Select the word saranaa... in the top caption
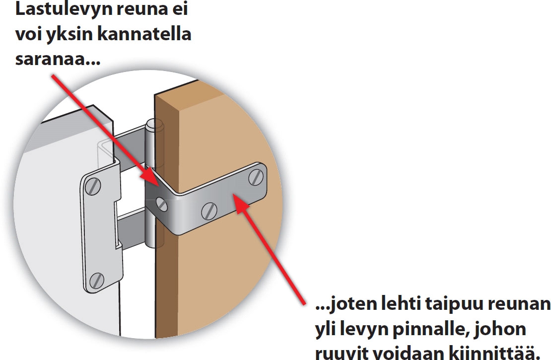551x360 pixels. [58, 60]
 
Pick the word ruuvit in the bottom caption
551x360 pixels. [338, 354]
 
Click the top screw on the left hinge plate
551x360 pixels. [93, 186]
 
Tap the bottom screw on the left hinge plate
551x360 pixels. [97, 281]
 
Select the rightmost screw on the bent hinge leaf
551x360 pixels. [256, 177]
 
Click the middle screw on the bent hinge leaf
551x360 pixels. [209, 211]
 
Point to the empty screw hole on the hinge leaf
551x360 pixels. [161, 203]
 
